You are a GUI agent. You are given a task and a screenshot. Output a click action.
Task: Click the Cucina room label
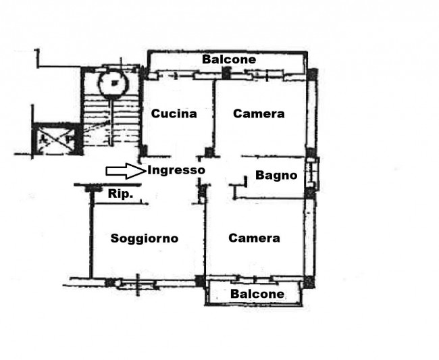174,113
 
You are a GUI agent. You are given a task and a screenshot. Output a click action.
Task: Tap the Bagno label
276,175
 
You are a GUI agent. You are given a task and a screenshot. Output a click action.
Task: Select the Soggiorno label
145,238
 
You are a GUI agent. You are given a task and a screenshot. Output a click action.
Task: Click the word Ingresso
176,170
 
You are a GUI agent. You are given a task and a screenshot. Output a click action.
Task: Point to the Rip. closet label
120,193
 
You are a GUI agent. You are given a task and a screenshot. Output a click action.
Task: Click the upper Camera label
259,113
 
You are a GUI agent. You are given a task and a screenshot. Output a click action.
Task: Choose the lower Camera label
254,238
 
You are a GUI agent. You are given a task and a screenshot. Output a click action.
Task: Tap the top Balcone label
229,59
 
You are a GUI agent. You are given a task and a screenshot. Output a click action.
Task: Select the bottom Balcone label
257,294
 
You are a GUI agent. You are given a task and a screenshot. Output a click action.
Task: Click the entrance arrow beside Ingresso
126,171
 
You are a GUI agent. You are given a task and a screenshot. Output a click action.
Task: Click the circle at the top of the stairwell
113,83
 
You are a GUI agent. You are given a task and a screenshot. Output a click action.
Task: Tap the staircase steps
111,120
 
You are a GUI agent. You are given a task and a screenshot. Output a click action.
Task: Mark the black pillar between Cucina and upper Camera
209,153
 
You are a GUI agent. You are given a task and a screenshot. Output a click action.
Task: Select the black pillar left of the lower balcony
200,281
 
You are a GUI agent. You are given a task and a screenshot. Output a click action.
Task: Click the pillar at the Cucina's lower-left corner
143,151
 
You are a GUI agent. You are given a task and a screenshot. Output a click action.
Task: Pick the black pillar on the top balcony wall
226,73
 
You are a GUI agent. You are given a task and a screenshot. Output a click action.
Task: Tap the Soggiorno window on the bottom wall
137,283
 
